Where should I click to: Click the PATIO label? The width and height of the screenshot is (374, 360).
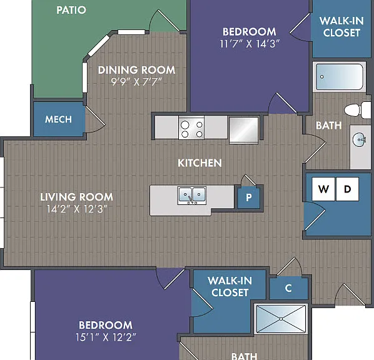pyautogui.click(x=71, y=10)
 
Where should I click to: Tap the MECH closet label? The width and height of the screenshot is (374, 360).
pyautogui.click(x=58, y=119)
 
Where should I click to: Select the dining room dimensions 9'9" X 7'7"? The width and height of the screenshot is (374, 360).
pyautogui.click(x=136, y=82)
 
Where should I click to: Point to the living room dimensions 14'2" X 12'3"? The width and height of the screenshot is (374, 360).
pyautogui.click(x=77, y=209)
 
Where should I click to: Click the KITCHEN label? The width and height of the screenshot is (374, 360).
pyautogui.click(x=200, y=163)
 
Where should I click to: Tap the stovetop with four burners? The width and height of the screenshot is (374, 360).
pyautogui.click(x=191, y=128)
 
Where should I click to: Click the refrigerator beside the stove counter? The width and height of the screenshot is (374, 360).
pyautogui.click(x=244, y=130)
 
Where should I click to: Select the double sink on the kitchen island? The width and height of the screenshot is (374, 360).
pyautogui.click(x=192, y=195)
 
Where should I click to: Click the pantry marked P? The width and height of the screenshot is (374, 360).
pyautogui.click(x=249, y=197)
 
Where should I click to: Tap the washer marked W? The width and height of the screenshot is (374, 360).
pyautogui.click(x=323, y=189)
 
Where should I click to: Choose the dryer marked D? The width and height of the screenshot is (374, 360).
pyautogui.click(x=347, y=189)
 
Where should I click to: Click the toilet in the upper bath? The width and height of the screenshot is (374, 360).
pyautogui.click(x=358, y=110)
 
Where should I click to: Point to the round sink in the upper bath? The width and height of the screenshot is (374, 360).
pyautogui.click(x=359, y=140)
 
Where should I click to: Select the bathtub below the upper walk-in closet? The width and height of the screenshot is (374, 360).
pyautogui.click(x=339, y=77)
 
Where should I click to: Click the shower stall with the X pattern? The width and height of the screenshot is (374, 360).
pyautogui.click(x=281, y=319)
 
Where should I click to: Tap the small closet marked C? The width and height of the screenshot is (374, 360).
pyautogui.click(x=288, y=288)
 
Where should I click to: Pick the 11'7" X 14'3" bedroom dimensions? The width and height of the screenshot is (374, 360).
pyautogui.click(x=250, y=44)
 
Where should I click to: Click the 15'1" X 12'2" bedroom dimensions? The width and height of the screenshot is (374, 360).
pyautogui.click(x=106, y=337)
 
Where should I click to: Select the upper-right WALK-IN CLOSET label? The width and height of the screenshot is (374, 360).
pyautogui.click(x=341, y=27)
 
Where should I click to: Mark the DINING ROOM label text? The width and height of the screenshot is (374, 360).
pyautogui.click(x=137, y=70)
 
